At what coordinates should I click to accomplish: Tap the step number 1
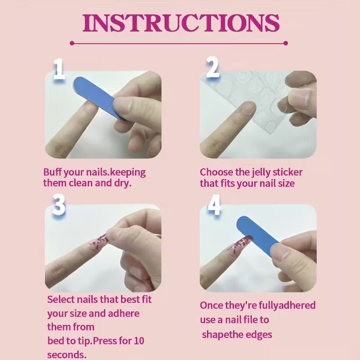point(59,69)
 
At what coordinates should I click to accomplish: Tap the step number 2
point(212,69)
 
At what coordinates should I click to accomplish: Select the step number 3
point(59,205)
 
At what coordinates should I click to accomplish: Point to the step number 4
point(214,206)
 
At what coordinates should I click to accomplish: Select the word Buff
point(53,172)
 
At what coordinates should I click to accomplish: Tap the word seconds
point(67,355)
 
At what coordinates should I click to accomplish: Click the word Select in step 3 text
point(62,299)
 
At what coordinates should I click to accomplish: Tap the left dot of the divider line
point(72,43)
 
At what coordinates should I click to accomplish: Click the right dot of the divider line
point(286,43)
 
